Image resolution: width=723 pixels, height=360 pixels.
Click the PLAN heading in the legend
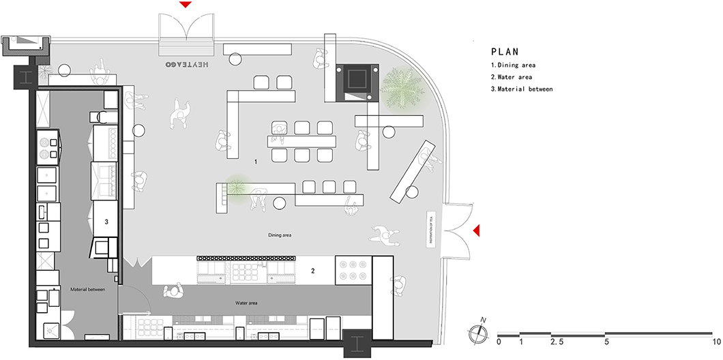coord(505,51)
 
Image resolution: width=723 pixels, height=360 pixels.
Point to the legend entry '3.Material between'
coord(522,89)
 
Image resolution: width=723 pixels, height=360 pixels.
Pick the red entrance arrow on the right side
coord(477,232)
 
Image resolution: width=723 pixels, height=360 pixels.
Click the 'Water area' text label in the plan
coord(244,303)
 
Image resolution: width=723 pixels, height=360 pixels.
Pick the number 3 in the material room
coord(106,222)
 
